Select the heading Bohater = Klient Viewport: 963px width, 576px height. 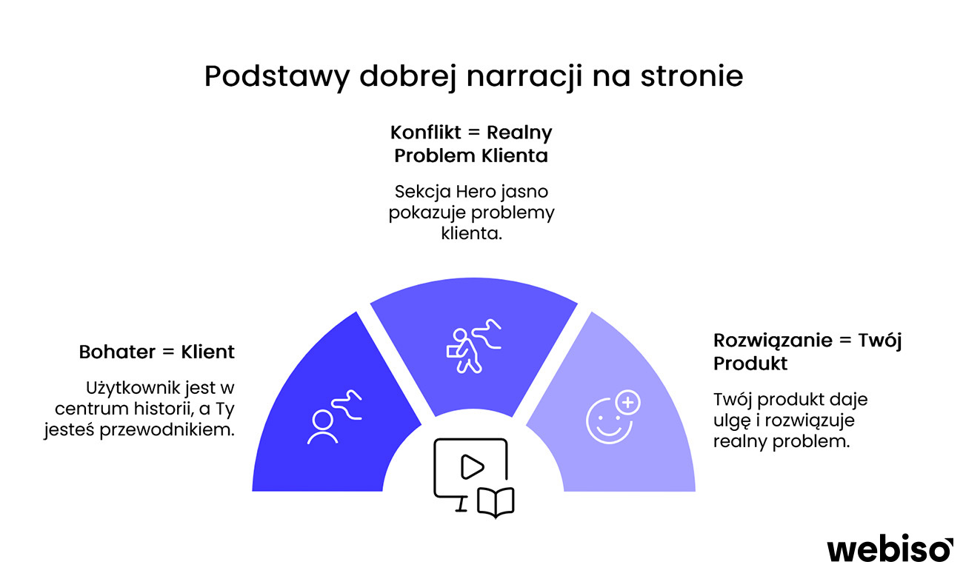[156, 352]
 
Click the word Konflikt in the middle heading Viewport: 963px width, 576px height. [424, 133]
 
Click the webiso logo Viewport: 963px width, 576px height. [890, 549]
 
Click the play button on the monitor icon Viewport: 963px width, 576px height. [471, 466]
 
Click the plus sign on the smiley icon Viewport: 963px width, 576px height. [628, 403]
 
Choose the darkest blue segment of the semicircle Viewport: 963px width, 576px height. [319, 437]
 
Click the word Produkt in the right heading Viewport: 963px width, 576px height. [750, 364]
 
